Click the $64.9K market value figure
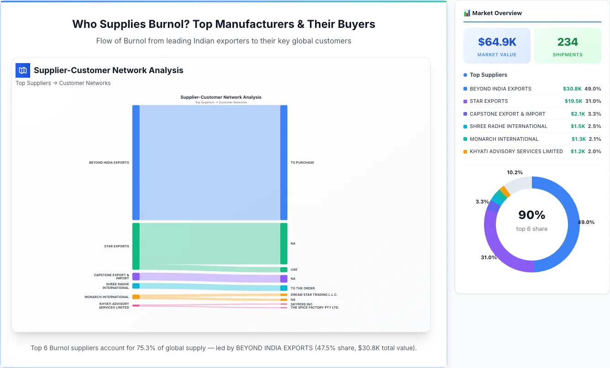497,42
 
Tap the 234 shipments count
568,42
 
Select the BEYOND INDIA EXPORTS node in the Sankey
136,162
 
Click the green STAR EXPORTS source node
136,246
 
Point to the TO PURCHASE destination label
302,162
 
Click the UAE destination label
294,270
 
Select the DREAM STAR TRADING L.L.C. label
314,295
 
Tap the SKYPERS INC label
301,304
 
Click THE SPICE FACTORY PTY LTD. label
315,308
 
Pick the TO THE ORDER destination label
303,288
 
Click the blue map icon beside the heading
22,70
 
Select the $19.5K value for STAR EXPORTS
573,101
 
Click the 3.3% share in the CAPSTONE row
594,114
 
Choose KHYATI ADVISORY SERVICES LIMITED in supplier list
516,151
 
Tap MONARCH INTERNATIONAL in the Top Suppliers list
504,139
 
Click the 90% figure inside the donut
531,215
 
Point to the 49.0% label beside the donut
586,222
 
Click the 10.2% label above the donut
515,172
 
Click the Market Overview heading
497,13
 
